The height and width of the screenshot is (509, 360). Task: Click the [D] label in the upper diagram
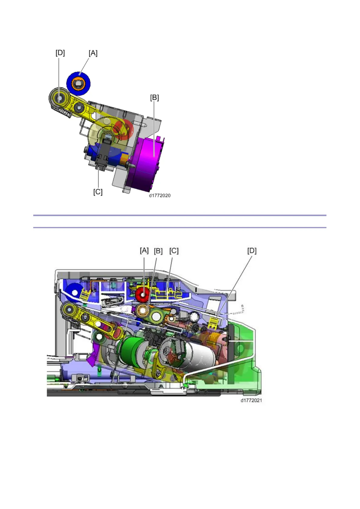point(60,53)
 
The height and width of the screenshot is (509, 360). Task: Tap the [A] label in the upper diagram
point(93,53)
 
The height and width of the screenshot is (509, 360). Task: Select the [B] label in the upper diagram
point(154,98)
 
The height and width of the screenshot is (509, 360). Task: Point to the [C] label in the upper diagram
point(98,192)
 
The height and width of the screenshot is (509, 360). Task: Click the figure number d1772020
point(160,196)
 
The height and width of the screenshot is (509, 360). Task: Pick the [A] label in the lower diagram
point(144,251)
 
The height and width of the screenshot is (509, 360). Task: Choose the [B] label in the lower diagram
point(158,251)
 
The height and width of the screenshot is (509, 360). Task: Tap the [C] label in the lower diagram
point(174,251)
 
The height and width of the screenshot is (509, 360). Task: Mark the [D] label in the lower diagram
point(252,251)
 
